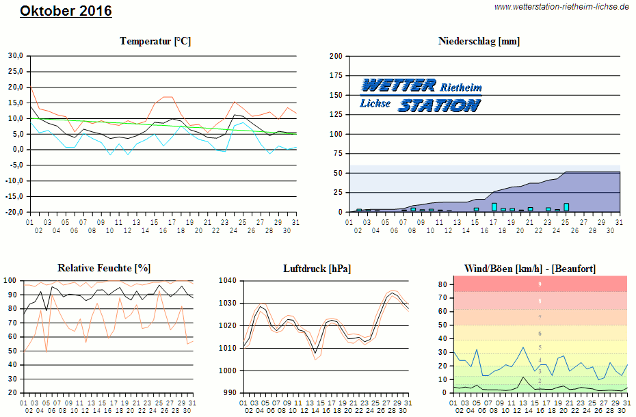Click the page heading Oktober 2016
(66, 11)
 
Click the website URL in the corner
(561, 7)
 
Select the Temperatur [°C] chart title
(155, 41)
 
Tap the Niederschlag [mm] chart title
(479, 41)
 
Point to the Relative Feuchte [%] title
(104, 268)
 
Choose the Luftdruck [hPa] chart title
(317, 268)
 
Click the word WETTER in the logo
(399, 85)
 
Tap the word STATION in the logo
(439, 105)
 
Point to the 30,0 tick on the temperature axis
(15, 56)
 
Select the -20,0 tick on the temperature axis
(14, 212)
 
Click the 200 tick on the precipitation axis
(336, 56)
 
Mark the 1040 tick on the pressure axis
(227, 280)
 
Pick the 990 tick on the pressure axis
(229, 393)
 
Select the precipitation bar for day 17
(494, 206)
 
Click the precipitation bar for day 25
(566, 206)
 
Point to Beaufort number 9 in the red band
(540, 284)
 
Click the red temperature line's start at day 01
(30, 86)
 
